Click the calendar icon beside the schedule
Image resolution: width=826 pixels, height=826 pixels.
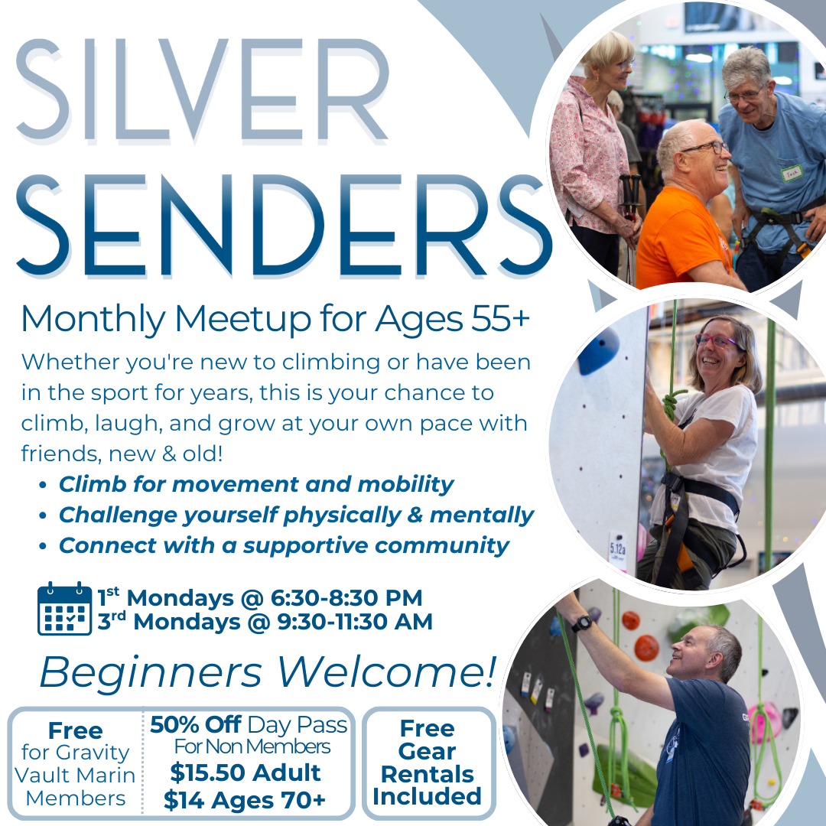click(64, 609)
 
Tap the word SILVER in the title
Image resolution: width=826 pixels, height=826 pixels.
click(203, 89)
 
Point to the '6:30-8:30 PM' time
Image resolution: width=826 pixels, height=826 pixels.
click(346, 598)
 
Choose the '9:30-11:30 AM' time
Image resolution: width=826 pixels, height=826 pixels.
click(355, 622)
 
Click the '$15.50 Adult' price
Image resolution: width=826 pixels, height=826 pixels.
click(246, 772)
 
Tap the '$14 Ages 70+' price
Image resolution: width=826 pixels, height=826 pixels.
click(245, 800)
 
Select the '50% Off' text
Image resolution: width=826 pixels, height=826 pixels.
click(196, 725)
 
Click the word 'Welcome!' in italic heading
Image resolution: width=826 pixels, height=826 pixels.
click(387, 672)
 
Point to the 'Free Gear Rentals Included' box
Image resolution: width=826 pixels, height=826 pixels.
click(428, 763)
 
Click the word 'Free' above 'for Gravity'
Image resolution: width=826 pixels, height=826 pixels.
click(75, 731)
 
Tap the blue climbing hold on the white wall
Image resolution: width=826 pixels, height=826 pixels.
click(598, 350)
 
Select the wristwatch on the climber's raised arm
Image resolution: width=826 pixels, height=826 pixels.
click(582, 623)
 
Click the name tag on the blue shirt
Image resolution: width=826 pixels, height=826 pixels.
click(792, 173)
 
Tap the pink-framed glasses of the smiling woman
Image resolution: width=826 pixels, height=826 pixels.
click(717, 341)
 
